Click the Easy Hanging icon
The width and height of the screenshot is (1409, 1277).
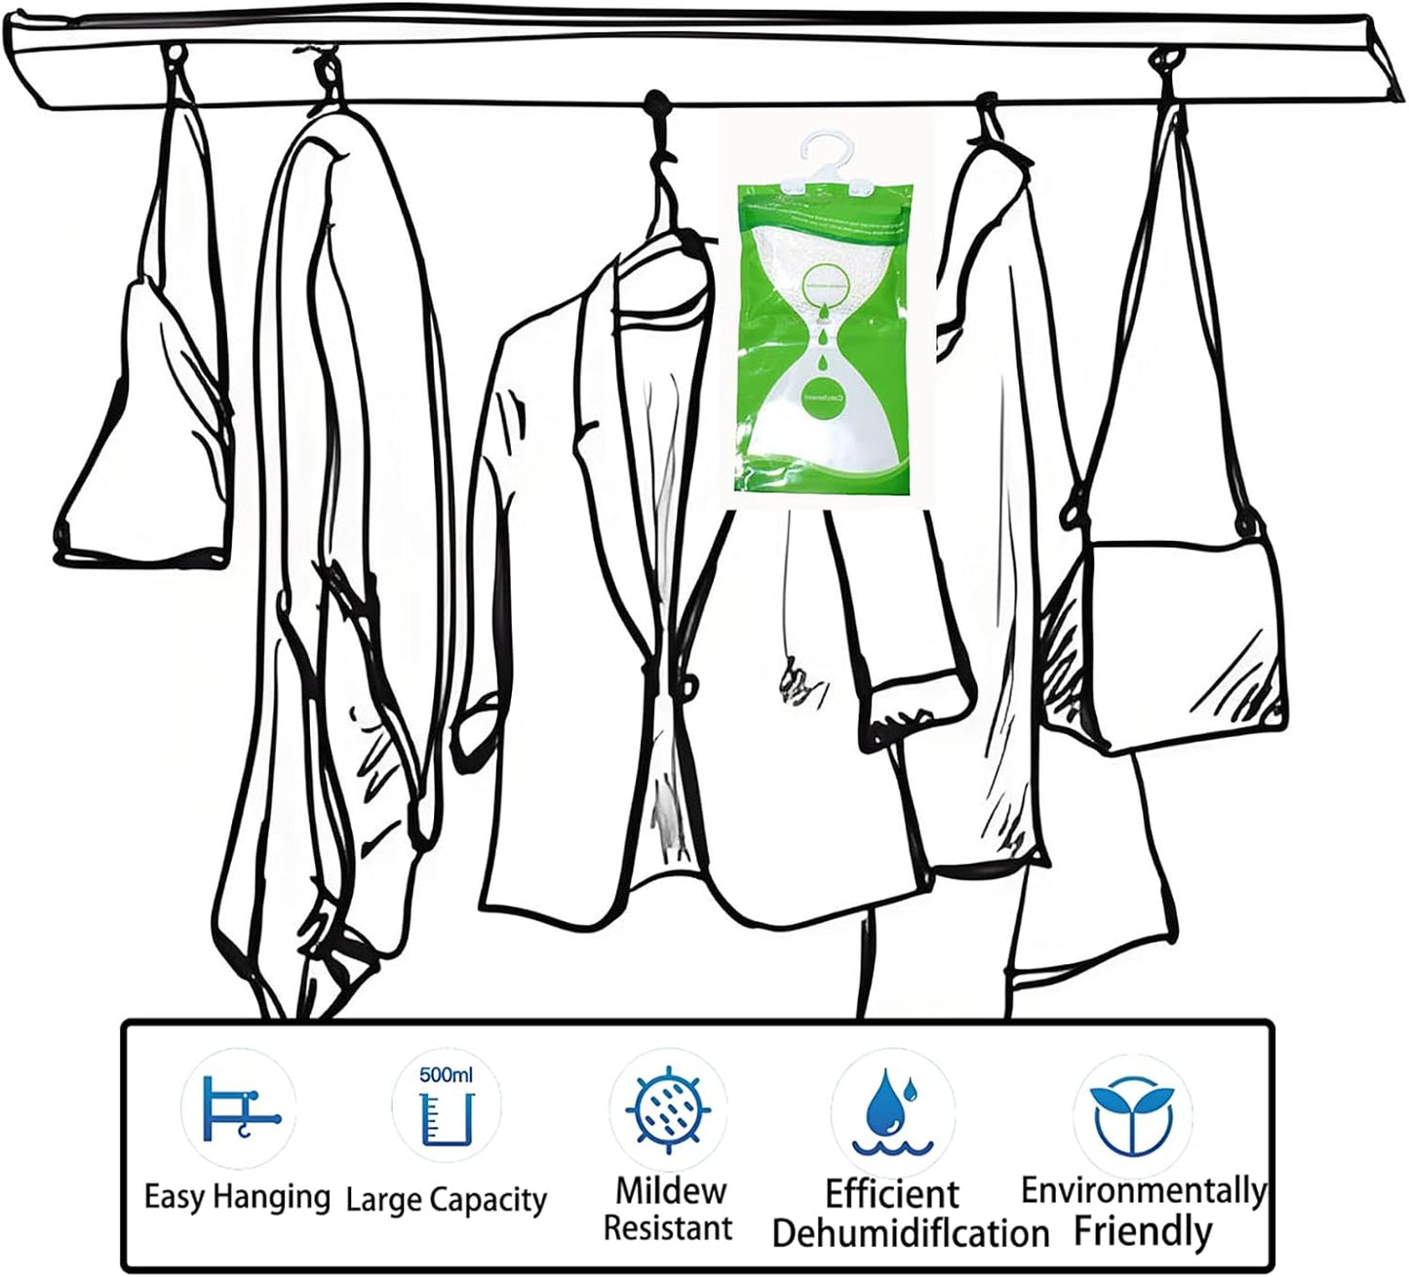point(237,1108)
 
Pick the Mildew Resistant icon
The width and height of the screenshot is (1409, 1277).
point(667,1108)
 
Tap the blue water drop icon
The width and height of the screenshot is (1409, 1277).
point(888,1110)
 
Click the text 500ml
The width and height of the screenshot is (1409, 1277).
point(446,1075)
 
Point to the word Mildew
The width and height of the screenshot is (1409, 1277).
point(671,1190)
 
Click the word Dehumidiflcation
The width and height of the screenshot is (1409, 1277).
point(910,1232)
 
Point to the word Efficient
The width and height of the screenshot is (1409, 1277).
point(892,1193)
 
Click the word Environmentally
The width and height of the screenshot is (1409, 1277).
point(1143,1190)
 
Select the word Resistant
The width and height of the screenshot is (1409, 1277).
point(668,1227)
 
